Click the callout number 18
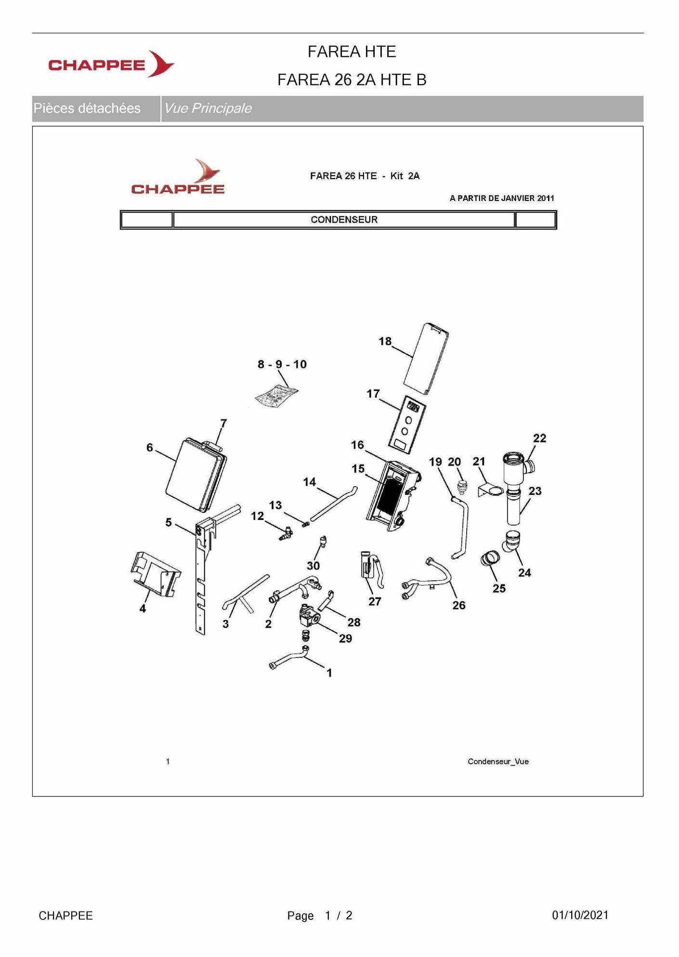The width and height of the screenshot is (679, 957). click(385, 342)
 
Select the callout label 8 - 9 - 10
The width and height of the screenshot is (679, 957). click(282, 364)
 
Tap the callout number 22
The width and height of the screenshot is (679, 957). click(539, 438)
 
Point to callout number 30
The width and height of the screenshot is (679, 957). click(313, 565)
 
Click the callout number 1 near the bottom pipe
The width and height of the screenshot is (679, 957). click(329, 673)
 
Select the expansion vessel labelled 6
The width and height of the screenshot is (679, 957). click(195, 475)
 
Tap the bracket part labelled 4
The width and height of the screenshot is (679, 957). click(155, 574)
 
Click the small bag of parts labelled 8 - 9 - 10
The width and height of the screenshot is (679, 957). click(276, 397)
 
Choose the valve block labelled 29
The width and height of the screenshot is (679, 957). click(310, 615)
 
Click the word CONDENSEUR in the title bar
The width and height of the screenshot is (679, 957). click(344, 220)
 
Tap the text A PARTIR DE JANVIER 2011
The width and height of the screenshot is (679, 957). click(501, 198)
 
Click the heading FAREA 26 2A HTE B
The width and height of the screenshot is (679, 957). click(352, 80)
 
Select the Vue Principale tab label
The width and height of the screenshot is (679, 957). click(208, 108)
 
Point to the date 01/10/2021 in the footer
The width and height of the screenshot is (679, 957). click(580, 915)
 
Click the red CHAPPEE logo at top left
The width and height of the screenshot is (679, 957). click(111, 65)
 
